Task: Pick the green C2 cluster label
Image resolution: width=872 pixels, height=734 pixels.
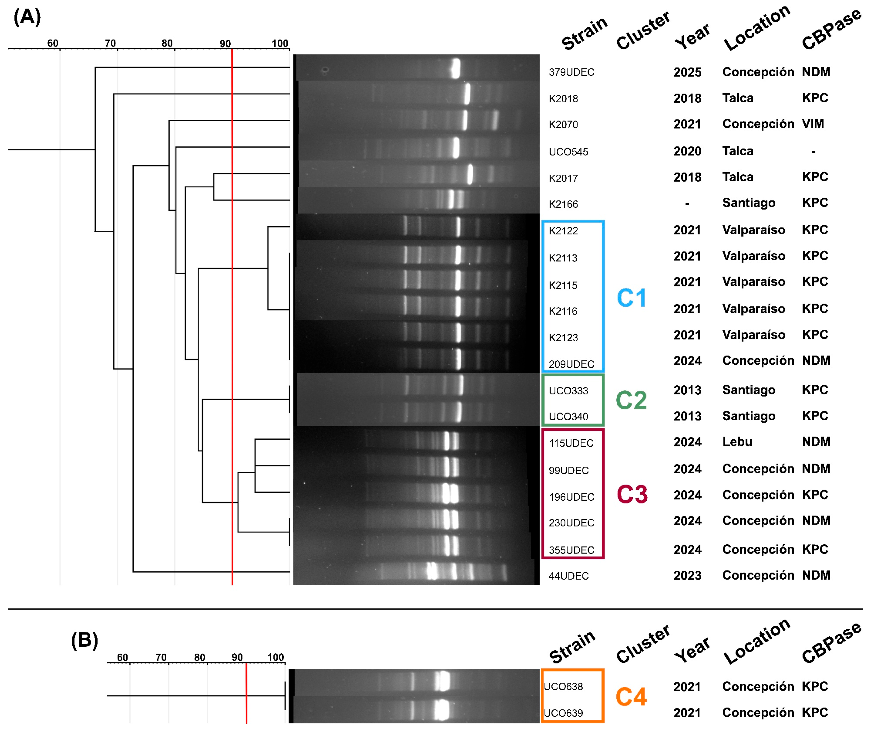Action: click(x=631, y=400)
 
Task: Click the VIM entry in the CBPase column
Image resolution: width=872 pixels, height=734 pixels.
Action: click(x=813, y=124)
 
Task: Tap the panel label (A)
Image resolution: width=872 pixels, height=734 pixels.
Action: click(x=27, y=17)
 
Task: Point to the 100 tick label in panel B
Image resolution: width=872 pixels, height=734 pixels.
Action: click(x=275, y=657)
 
